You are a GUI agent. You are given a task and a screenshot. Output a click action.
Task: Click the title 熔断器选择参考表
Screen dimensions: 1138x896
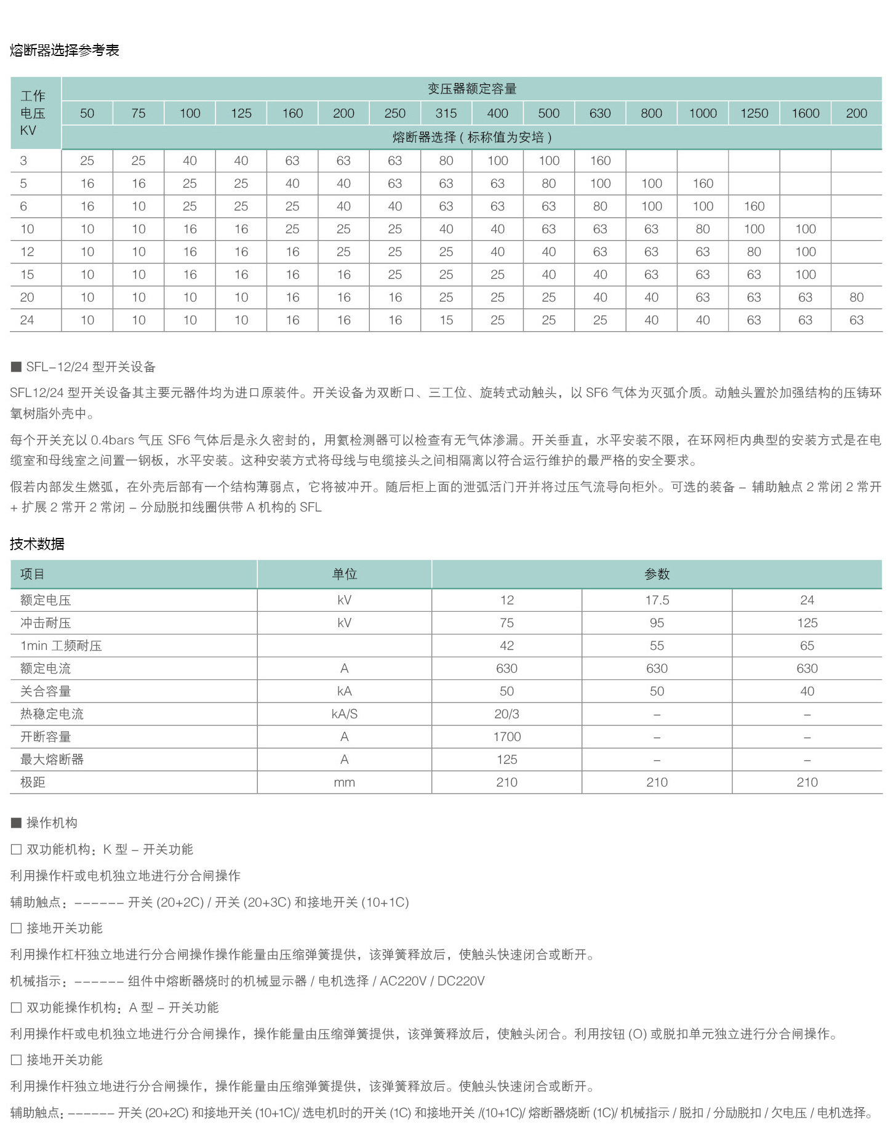tap(65, 50)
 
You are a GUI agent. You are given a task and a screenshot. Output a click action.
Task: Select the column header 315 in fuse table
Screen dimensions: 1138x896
tap(446, 113)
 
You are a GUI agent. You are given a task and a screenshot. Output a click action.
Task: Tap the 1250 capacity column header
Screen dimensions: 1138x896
tap(754, 113)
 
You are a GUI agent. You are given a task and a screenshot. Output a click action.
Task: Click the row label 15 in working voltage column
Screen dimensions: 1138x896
tap(27, 274)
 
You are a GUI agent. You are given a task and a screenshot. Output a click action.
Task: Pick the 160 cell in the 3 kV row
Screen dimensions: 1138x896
tap(600, 161)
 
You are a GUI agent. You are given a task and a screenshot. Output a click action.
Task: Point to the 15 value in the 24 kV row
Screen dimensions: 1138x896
tap(446, 320)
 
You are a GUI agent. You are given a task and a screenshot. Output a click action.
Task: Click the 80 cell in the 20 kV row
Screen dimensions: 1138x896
tap(856, 297)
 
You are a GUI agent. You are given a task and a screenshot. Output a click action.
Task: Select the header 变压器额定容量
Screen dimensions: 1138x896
tap(472, 89)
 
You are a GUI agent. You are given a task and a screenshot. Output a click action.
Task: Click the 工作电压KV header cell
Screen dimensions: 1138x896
tap(33, 113)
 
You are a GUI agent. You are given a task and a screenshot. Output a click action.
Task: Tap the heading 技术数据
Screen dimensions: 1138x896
tap(38, 544)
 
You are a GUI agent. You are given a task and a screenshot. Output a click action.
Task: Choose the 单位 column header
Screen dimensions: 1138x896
tap(344, 574)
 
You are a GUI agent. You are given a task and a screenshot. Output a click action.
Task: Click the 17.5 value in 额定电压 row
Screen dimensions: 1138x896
tap(657, 600)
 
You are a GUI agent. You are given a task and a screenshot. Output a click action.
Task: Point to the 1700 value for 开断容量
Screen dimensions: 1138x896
tap(506, 737)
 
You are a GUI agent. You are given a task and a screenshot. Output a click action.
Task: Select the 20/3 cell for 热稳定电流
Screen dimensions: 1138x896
tap(506, 714)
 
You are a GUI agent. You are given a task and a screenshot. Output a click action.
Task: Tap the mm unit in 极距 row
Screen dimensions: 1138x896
tap(344, 782)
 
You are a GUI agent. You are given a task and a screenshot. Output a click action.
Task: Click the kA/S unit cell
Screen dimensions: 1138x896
tap(344, 714)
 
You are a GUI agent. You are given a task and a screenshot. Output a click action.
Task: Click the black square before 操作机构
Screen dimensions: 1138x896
tap(17, 823)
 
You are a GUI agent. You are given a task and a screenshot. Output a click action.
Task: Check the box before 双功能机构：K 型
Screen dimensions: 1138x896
tap(17, 849)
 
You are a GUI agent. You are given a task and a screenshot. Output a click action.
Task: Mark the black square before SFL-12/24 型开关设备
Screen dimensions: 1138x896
tap(17, 367)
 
